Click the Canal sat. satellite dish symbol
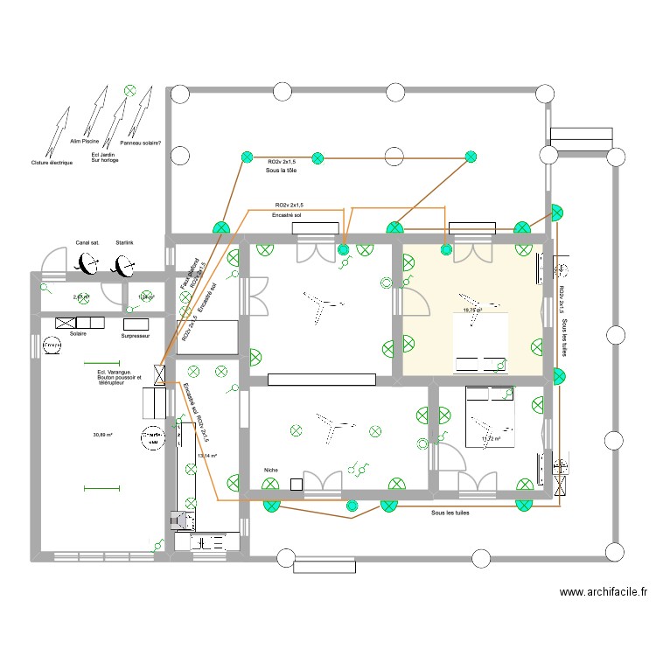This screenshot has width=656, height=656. point(87,262)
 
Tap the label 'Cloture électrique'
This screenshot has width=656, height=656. point(52,163)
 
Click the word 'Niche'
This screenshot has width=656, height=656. point(270,470)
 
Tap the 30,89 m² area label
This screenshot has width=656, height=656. point(103,435)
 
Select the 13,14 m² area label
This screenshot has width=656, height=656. point(207,456)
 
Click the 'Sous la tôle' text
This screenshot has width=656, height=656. point(282,171)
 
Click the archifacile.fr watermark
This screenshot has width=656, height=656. point(604,592)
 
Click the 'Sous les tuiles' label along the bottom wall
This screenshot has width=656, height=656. point(450,513)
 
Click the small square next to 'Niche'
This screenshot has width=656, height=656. point(297,484)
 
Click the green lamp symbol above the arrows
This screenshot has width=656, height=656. point(130,89)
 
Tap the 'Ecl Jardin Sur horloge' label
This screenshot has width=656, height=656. point(104,157)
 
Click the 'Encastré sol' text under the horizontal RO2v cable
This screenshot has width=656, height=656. point(287,214)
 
